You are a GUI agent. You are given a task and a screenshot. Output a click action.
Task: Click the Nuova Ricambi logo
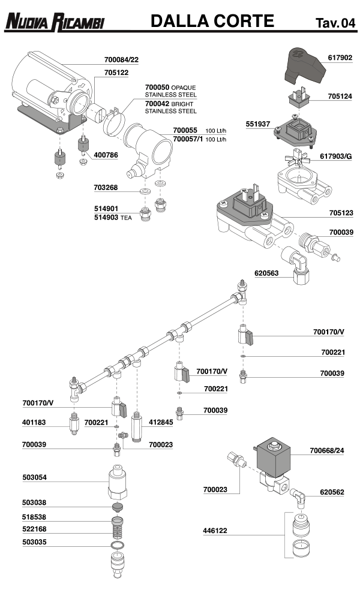pyautogui.click(x=55, y=23)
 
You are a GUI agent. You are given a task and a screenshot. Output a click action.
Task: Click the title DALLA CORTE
pyautogui.click(x=212, y=22)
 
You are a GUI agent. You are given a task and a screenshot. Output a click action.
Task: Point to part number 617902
pyautogui.click(x=340, y=58)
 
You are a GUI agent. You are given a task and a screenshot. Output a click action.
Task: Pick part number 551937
pyautogui.click(x=259, y=124)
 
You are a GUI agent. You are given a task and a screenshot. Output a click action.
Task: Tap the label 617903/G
pyautogui.click(x=336, y=156)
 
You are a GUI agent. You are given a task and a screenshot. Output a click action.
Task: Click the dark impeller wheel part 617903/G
pyautogui.click(x=296, y=160)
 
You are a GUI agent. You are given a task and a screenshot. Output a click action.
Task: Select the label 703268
pyautogui.click(x=106, y=188)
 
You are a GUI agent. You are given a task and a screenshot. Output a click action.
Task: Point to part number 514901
pyautogui.click(x=106, y=209)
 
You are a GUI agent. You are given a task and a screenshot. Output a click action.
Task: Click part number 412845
pyautogui.click(x=161, y=423)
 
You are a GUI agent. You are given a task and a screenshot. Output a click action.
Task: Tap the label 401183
pyautogui.click(x=35, y=423)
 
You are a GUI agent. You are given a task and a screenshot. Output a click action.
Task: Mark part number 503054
pyautogui.click(x=35, y=478)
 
